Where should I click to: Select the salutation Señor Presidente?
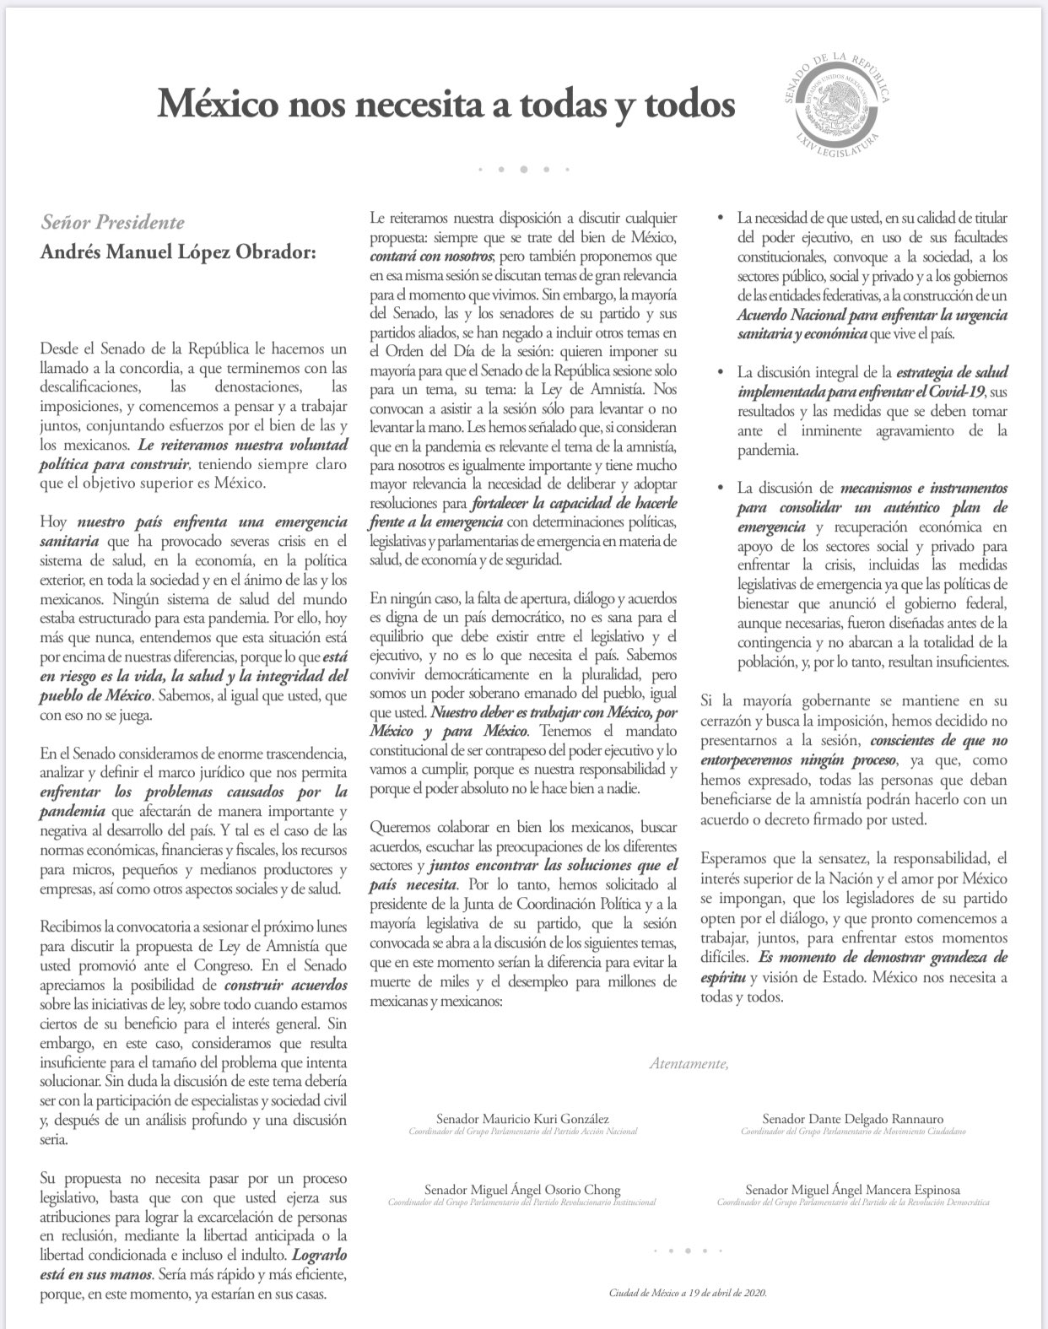112,223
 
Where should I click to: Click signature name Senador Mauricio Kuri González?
517,1118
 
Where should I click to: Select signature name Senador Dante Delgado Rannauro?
852,1118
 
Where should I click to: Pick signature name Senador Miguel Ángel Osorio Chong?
521,1190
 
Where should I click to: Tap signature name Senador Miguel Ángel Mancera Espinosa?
852,1190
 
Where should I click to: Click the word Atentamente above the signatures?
689,1064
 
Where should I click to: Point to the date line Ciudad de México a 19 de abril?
688,1293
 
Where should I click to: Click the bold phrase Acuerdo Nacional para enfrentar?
845,315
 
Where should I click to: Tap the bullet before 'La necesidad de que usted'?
719,219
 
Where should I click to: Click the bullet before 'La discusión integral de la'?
719,372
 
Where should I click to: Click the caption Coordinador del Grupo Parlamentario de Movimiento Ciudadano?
852,1132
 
